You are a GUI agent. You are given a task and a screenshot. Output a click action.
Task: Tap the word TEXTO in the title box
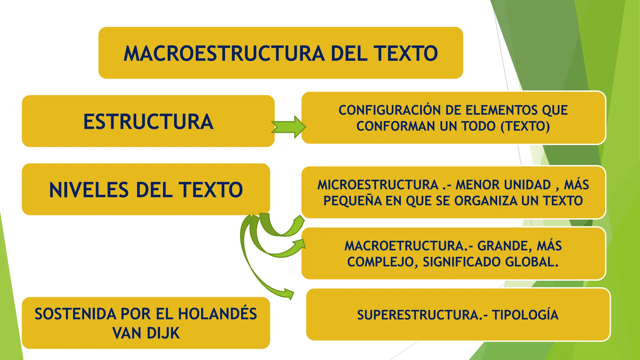pos(407,53)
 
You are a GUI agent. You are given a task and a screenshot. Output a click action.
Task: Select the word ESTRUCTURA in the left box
pos(148,122)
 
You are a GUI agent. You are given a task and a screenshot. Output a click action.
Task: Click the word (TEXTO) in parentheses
pos(525,126)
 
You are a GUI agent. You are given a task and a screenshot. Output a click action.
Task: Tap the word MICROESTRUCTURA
pos(378,185)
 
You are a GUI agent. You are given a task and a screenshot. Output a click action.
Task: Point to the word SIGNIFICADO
pos(462,262)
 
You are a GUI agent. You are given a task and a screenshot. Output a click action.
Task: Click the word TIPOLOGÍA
pos(525,315)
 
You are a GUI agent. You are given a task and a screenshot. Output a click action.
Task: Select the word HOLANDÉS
pos(217,314)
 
